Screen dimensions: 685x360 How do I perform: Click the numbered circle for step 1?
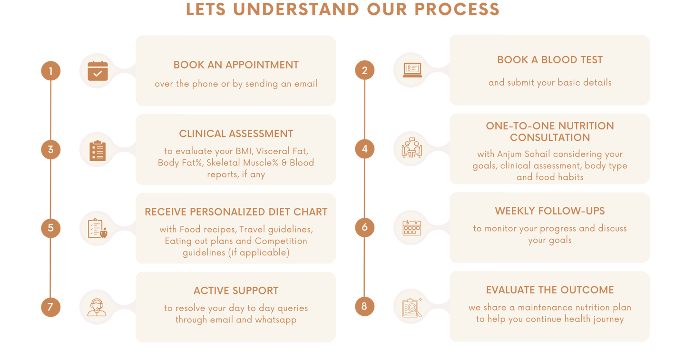tap(51, 71)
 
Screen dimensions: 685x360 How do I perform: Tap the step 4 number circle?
tap(364, 149)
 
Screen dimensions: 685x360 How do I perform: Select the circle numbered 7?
tap(51, 307)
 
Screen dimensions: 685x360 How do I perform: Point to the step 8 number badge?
tap(364, 306)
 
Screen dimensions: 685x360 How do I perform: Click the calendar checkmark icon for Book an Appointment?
tap(98, 71)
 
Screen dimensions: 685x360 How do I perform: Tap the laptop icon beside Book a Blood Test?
tap(412, 70)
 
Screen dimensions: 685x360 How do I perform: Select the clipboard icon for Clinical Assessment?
tap(98, 151)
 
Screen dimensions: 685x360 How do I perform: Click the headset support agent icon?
tap(97, 307)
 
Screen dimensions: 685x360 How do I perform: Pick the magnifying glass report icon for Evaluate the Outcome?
tap(412, 307)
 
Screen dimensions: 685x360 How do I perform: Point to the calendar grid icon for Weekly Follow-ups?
tap(412, 228)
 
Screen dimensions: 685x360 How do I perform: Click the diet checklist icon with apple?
tap(98, 228)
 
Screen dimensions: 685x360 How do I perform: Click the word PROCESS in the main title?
tap(457, 9)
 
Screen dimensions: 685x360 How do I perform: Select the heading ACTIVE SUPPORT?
tap(236, 291)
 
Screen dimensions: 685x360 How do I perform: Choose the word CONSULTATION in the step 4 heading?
tap(550, 137)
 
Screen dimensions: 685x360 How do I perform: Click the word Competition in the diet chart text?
tap(281, 241)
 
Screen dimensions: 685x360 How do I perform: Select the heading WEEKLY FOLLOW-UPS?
tap(550, 211)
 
